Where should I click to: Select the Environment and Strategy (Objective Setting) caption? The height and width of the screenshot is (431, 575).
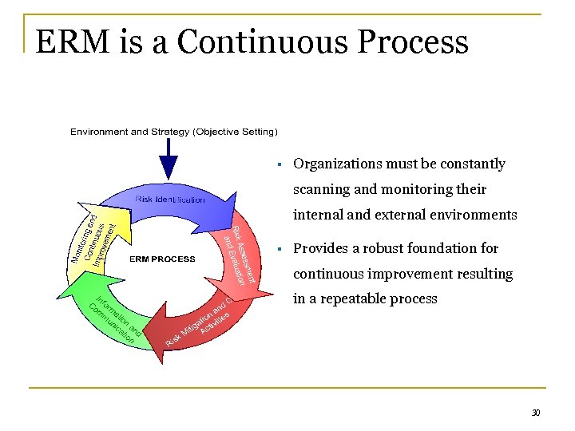pyautogui.click(x=174, y=131)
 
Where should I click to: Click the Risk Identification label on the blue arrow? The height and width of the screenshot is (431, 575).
pyautogui.click(x=170, y=199)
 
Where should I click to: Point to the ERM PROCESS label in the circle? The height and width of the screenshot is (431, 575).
pyautogui.click(x=163, y=259)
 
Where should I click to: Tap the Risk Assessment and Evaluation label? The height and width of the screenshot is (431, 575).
pyautogui.click(x=239, y=254)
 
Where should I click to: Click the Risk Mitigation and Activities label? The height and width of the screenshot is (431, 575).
pyautogui.click(x=200, y=323)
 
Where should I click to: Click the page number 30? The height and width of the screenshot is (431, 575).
pyautogui.click(x=536, y=413)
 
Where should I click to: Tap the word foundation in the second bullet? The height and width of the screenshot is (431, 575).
pyautogui.click(x=444, y=248)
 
